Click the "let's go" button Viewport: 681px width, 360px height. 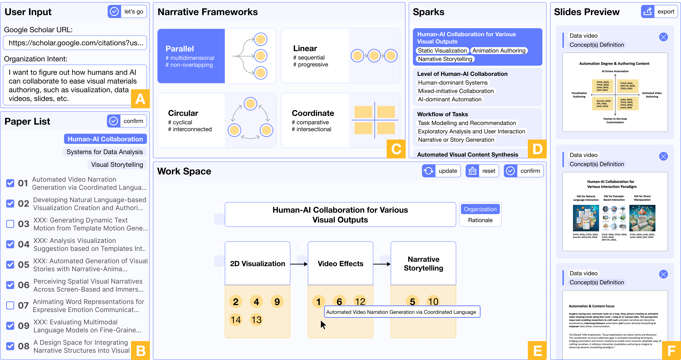coord(127,12)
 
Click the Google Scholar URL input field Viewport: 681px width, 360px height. coord(75,43)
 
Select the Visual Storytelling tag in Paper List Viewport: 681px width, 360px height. coord(117,165)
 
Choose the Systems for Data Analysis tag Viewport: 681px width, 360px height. coord(105,152)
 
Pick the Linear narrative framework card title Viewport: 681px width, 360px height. coord(305,48)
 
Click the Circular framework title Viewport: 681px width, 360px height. coord(183,113)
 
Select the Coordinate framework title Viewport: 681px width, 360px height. coord(313,113)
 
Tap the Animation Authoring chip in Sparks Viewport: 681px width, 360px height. coord(499,51)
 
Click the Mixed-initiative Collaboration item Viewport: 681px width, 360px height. coord(456,91)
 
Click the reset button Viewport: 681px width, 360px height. coord(482,171)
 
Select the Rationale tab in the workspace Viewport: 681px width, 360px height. coord(480,220)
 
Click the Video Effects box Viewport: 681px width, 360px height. coord(340,264)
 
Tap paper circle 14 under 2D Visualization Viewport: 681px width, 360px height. coord(236,320)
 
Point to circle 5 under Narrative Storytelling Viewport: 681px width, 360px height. coord(412,302)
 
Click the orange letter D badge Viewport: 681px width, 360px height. coord(537,149)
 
